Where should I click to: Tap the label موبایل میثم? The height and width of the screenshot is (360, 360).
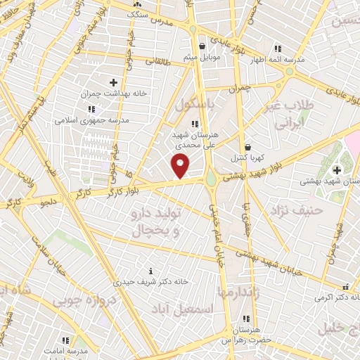click(202, 56)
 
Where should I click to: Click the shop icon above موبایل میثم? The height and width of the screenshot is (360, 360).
click(202, 46)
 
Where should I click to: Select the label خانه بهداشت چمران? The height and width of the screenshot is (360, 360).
click(112, 94)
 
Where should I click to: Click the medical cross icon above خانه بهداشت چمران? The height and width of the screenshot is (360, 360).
click(113, 82)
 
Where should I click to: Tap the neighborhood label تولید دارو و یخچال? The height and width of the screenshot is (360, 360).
click(156, 220)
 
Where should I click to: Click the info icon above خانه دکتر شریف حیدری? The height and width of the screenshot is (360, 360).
click(150, 271)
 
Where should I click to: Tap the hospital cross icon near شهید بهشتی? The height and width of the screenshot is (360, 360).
click(337, 169)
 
